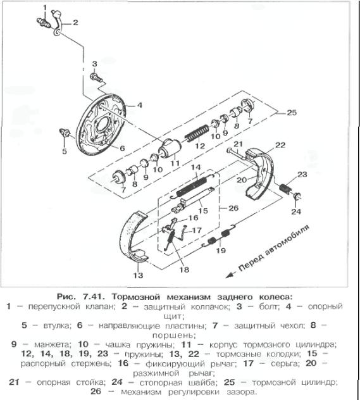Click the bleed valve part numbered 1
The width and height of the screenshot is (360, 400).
[x=44, y=22]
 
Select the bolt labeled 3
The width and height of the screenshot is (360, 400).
[x=96, y=77]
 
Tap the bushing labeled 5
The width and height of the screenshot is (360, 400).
[x=65, y=132]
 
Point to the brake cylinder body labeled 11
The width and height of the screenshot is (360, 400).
[x=170, y=148]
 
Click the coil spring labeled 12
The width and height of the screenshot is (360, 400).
[x=197, y=134]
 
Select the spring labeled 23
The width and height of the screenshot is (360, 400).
[x=285, y=189]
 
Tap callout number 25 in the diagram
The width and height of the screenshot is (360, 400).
[x=292, y=113]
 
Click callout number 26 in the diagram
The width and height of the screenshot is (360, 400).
[x=233, y=208]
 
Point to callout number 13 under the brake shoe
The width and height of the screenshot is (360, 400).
[x=138, y=275]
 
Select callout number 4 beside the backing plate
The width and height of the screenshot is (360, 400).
[x=139, y=105]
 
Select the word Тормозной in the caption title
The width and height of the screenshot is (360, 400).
[x=136, y=297]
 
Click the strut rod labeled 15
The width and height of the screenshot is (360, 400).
[x=192, y=199]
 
